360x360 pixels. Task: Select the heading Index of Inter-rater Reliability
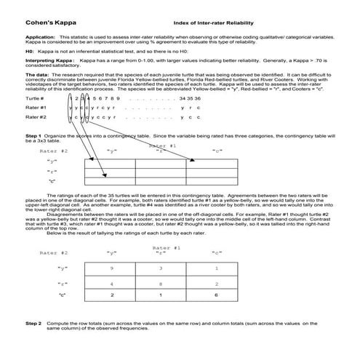click(x=206, y=23)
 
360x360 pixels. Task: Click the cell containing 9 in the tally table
click(x=111, y=268)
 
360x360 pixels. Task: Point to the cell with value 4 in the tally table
click(x=111, y=283)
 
